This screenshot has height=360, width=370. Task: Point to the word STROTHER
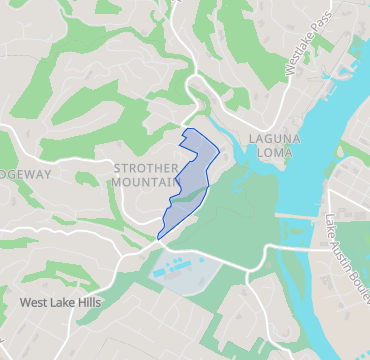pos(146,168)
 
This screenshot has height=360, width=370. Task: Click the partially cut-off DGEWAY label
pos(25,173)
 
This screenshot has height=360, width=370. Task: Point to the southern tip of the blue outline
pos(159,237)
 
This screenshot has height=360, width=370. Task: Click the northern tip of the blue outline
pos(190,129)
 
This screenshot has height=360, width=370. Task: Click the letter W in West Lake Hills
pos(25,301)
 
